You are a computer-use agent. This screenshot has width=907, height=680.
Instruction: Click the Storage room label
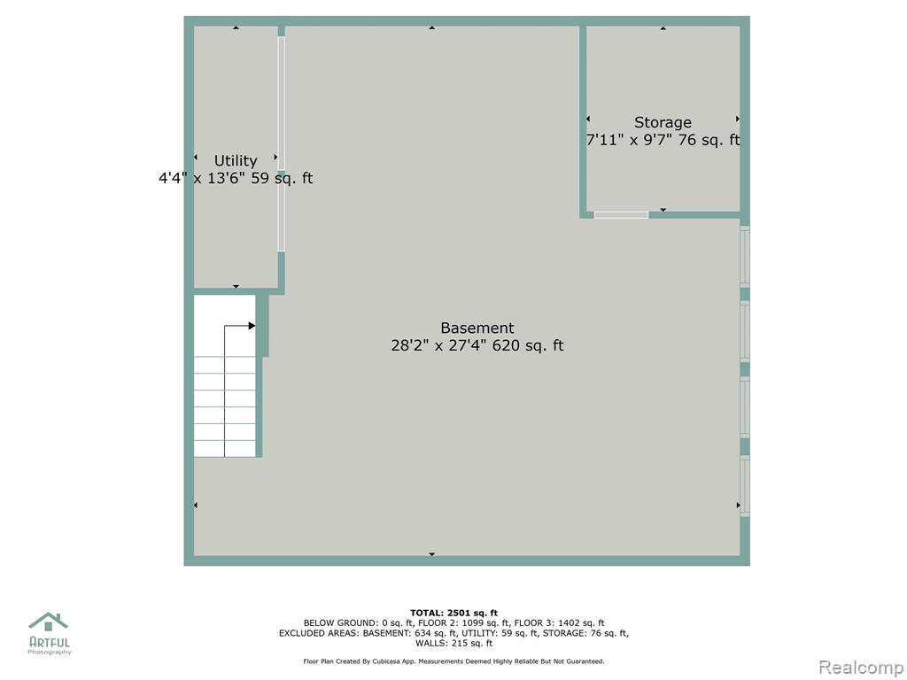point(663,122)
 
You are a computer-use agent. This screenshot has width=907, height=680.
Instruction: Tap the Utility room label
point(236,161)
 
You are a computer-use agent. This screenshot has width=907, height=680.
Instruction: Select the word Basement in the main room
point(477,328)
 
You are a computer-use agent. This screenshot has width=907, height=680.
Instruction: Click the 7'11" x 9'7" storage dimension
point(630,140)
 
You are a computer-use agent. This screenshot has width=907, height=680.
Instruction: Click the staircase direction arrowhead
point(252,326)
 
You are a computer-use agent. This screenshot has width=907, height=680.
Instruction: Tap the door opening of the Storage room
point(621,215)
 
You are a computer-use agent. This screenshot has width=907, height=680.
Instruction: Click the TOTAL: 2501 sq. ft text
point(453,613)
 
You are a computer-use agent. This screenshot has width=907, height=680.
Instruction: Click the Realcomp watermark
point(862,668)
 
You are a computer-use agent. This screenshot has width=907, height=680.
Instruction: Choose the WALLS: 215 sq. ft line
point(453,643)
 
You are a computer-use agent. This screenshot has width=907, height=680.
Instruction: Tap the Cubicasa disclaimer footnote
point(453,661)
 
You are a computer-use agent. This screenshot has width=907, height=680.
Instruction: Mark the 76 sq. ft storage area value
point(709,140)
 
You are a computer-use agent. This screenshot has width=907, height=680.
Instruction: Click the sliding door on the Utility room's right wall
point(281,144)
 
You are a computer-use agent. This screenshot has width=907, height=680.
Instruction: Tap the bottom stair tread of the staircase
point(224,449)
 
